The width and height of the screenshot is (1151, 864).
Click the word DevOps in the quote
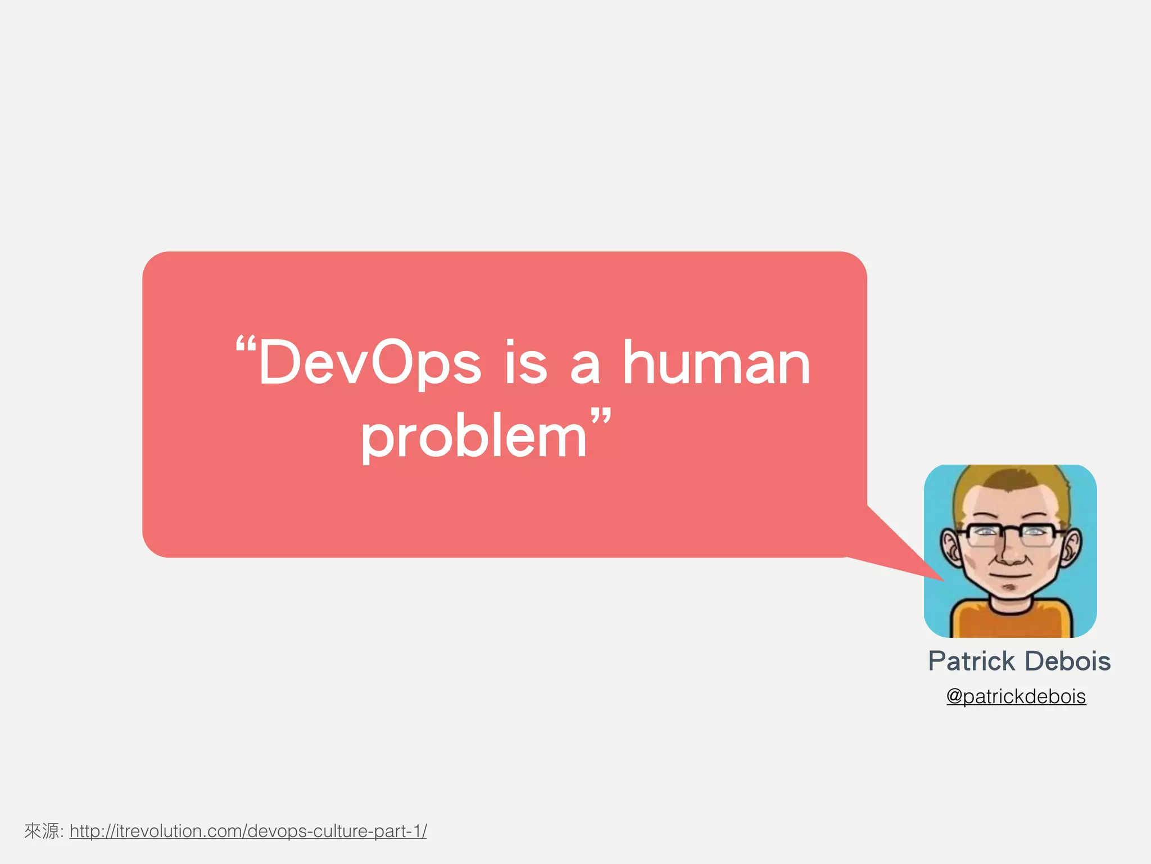(370, 363)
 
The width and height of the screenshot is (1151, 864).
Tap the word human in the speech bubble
(717, 363)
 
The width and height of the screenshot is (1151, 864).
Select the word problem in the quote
(473, 438)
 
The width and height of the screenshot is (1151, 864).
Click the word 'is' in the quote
(525, 363)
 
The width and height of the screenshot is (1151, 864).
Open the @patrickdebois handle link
(1016, 696)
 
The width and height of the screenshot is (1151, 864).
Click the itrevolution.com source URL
(248, 831)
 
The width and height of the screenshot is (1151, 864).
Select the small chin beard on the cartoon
(1010, 588)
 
